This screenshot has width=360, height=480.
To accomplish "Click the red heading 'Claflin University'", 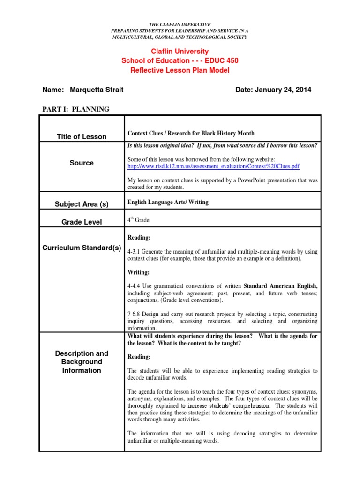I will [x=180, y=52].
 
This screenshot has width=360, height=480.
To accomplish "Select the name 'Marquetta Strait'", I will [x=97, y=90].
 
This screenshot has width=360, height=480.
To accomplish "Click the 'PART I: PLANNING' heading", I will [x=75, y=109].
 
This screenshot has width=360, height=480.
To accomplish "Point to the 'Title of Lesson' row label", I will [x=82, y=137].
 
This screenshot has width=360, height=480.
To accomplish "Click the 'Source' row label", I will [x=82, y=163].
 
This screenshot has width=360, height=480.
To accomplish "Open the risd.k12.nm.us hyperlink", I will [x=213, y=166].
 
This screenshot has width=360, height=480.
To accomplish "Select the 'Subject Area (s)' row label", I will [x=82, y=204].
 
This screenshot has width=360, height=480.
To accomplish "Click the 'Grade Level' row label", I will [x=82, y=222].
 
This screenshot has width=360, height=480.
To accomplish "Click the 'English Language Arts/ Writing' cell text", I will [x=168, y=202].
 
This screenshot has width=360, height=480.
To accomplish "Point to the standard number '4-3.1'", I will [x=134, y=252].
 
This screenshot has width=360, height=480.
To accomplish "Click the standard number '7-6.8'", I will [x=134, y=314].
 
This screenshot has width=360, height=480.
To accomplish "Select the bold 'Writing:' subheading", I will [x=139, y=272].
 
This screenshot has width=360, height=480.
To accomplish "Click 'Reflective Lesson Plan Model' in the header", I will [x=180, y=70].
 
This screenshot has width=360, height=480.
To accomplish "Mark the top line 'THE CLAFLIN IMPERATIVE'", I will [x=180, y=24].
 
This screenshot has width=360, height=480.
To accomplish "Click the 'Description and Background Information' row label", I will [x=82, y=362].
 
